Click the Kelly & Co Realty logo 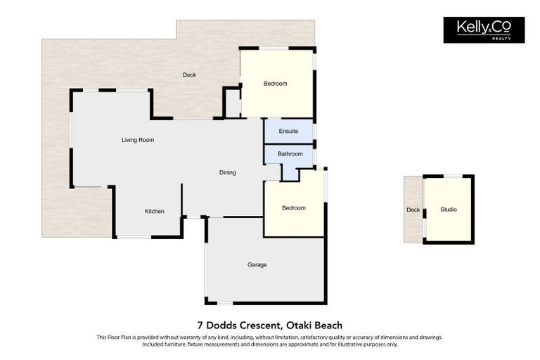(484, 30)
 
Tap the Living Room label (138, 140)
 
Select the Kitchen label (155, 211)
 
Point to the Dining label (227, 172)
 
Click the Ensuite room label (288, 131)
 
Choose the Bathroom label (290, 154)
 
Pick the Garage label (257, 265)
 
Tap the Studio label (449, 210)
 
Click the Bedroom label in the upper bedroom (276, 84)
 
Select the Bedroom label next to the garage (294, 208)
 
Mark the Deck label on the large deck (189, 75)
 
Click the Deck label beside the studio (413, 210)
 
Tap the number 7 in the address (200, 325)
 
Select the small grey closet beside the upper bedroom (233, 103)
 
